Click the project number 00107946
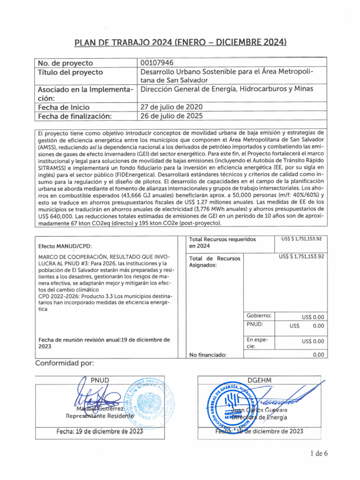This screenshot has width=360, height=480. click(x=160, y=63)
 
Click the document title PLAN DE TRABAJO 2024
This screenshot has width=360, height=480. click(x=180, y=43)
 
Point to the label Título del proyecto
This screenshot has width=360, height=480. click(x=70, y=73)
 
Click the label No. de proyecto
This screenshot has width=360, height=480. click(x=65, y=63)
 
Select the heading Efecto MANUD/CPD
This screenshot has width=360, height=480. click(x=65, y=246)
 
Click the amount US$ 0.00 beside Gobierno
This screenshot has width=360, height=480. click(x=313, y=317)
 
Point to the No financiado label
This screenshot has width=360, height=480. click(x=208, y=355)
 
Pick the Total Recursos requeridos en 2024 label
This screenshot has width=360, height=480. click(x=222, y=242)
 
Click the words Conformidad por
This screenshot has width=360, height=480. click(x=65, y=363)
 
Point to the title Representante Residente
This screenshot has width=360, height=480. click(x=96, y=415)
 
